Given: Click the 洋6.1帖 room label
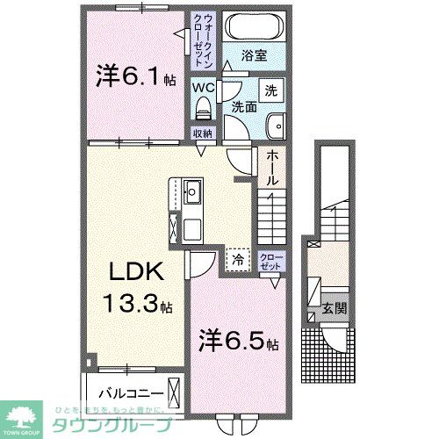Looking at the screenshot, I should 131,78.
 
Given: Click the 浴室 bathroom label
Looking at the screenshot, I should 255,56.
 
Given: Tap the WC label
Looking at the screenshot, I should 204,88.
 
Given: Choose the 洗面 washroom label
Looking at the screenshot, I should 243,106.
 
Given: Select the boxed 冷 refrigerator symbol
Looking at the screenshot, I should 237,258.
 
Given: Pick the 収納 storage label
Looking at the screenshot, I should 202,133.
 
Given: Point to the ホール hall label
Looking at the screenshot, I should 272,167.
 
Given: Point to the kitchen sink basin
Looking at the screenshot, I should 192,191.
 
